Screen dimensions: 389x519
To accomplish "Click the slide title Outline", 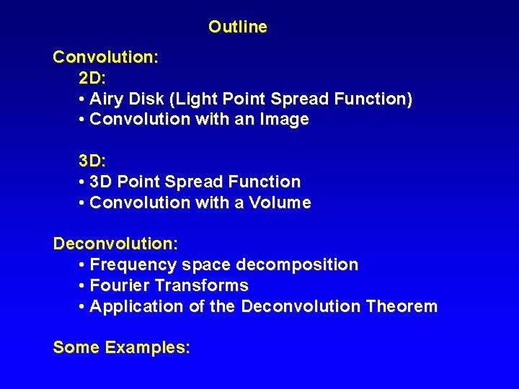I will [x=237, y=27].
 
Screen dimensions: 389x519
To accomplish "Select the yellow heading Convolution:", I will [x=106, y=56].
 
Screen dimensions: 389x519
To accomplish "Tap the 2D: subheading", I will [x=92, y=77].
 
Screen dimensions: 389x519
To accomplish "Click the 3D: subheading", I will [x=92, y=161].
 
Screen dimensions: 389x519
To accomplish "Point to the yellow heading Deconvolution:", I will [x=115, y=243].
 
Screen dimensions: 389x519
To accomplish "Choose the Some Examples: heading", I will [x=121, y=347].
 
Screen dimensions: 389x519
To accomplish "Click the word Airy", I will [x=107, y=99].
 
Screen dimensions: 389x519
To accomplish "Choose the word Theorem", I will [x=402, y=307].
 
